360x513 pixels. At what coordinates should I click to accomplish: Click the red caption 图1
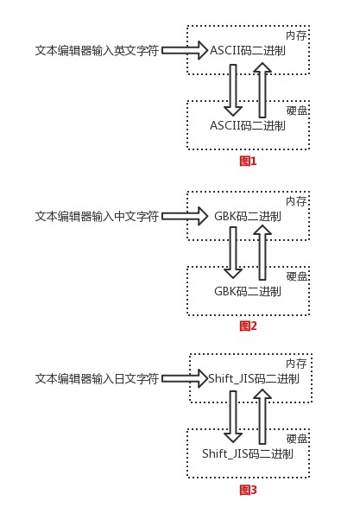[248, 161]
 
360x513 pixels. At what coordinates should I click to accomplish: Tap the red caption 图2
[248, 326]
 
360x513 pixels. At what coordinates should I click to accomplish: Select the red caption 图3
[248, 490]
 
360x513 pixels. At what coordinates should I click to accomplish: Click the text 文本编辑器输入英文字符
[97, 51]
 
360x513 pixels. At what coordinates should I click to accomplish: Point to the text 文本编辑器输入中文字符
[97, 216]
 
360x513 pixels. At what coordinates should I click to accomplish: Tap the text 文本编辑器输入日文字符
[97, 378]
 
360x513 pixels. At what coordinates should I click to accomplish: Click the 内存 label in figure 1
[296, 35]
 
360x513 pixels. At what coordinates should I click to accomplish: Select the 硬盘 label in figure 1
[297, 111]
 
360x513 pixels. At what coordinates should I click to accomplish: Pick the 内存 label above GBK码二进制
[296, 201]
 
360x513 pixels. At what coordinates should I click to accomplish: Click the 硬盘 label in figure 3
[297, 439]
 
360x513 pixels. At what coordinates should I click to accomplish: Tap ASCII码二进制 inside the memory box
[248, 51]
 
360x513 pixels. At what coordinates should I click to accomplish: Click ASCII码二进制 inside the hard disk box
[248, 125]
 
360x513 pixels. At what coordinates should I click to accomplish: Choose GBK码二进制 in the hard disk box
[248, 291]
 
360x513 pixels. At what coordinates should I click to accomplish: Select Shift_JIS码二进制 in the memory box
[254, 378]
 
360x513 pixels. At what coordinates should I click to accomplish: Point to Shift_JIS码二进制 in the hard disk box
[248, 453]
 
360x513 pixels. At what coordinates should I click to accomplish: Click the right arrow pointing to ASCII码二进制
[185, 50]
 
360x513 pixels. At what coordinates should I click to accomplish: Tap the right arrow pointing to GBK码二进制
[185, 216]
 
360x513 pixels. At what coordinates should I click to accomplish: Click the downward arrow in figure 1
[233, 90]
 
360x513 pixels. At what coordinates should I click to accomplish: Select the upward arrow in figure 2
[262, 253]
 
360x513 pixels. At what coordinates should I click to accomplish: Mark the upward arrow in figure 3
[262, 416]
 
